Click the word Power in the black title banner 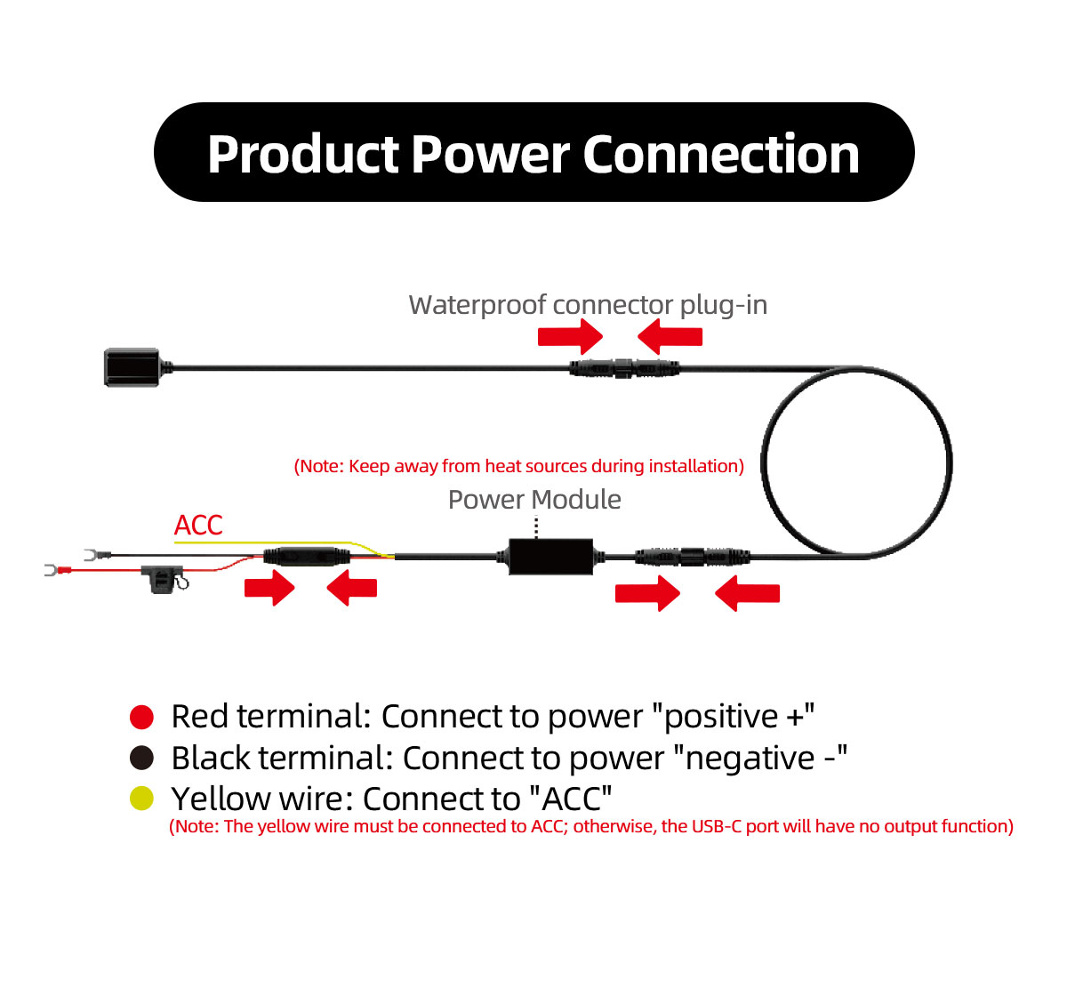tap(490, 154)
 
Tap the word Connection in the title tap(721, 154)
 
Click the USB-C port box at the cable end tap(132, 366)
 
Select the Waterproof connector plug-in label tap(587, 305)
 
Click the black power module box tap(551, 557)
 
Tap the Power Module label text tap(533, 500)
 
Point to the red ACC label tap(198, 526)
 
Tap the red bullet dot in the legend tap(142, 717)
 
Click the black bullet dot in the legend tap(142, 758)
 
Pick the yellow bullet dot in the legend tap(142, 798)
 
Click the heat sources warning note tap(518, 466)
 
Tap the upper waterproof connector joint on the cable tap(624, 367)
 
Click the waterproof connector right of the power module tap(693, 558)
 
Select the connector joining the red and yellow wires tap(306, 558)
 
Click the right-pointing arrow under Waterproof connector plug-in tap(570, 336)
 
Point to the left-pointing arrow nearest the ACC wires tap(352, 588)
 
